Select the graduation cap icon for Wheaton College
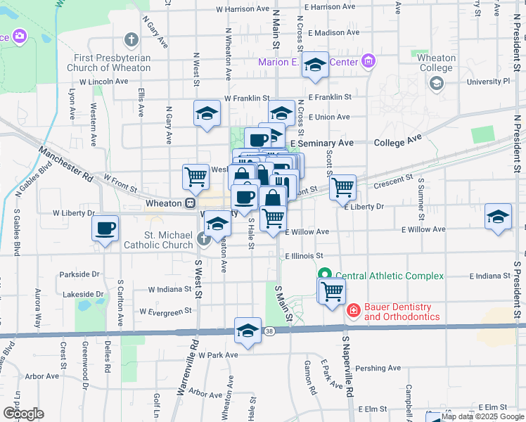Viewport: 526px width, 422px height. (437, 84)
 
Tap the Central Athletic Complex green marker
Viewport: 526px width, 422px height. (325, 275)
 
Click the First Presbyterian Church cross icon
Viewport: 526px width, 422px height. (130, 39)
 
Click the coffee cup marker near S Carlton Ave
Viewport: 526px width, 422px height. (105, 228)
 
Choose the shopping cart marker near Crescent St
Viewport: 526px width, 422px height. (342, 186)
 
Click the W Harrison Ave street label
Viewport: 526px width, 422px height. (243, 9)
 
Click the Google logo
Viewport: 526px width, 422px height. (23, 413)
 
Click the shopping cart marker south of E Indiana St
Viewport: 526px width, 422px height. (332, 290)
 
